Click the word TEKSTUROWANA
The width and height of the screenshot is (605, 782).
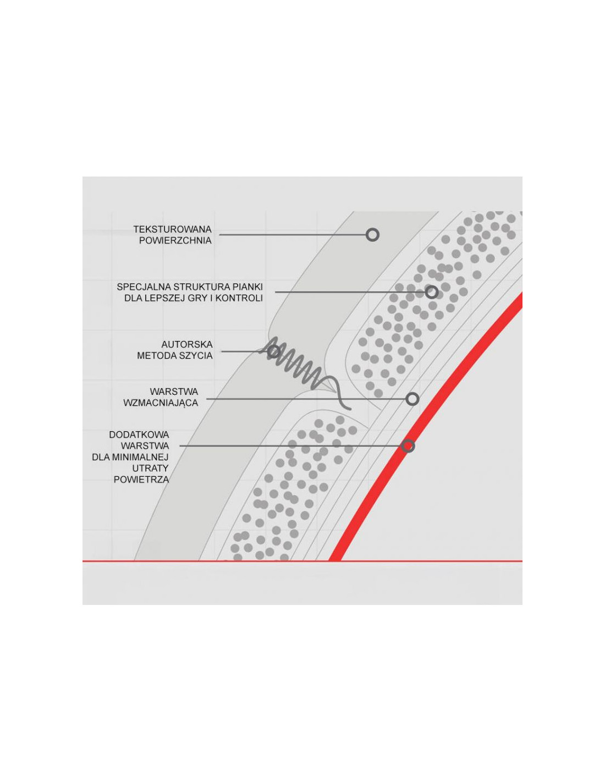(172, 229)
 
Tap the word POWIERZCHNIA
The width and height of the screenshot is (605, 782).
(175, 241)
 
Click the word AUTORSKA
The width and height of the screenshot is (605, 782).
(187, 344)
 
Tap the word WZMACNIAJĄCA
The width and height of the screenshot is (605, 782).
(161, 403)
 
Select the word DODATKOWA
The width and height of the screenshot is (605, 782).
(139, 435)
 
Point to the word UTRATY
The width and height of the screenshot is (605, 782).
(151, 469)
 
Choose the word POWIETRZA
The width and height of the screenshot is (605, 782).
(141, 480)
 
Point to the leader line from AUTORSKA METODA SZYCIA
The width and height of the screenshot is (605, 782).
(244, 351)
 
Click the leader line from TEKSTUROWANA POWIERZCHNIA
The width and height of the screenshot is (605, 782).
(292, 235)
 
